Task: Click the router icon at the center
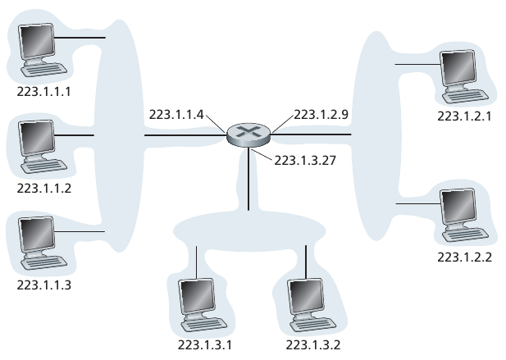click(248, 135)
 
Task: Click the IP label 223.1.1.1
click(44, 92)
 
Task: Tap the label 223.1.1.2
click(44, 189)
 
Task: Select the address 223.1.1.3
click(44, 285)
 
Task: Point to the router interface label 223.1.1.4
click(176, 115)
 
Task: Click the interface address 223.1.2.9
click(321, 115)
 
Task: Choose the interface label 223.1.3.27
click(305, 161)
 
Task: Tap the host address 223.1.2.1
click(465, 116)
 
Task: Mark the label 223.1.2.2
click(465, 257)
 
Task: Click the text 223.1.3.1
click(205, 345)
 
